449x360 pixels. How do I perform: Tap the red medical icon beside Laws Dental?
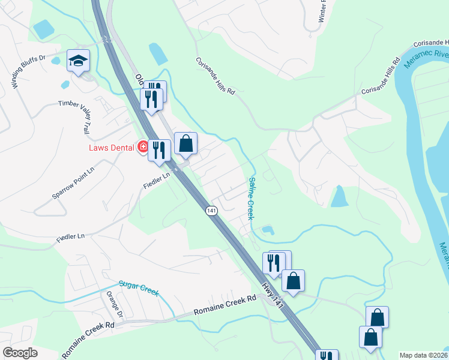[x=143, y=146]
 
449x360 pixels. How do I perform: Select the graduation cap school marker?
[x=77, y=61]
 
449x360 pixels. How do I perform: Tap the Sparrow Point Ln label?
[x=73, y=183]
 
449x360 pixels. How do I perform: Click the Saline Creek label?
[x=252, y=197]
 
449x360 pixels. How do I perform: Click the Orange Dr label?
[x=114, y=305]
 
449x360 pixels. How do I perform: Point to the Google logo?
[x=20, y=353]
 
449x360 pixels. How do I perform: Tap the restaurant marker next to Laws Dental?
[x=159, y=151]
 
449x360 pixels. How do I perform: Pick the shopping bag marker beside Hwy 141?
[x=293, y=280]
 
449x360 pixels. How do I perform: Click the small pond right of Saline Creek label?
[x=268, y=229]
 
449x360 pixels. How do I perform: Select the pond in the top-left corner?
[x=44, y=29]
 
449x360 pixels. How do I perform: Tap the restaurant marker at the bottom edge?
[x=327, y=355]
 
